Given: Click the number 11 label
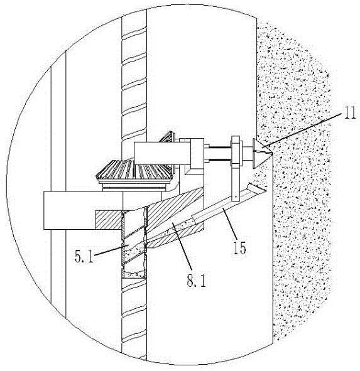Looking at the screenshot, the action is (349, 112).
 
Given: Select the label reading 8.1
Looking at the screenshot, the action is (196, 281).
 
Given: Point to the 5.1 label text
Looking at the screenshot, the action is (84, 256).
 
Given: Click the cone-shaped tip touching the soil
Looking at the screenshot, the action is (262, 153).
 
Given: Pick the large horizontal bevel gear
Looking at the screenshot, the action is (134, 171).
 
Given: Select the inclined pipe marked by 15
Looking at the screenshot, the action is (229, 203).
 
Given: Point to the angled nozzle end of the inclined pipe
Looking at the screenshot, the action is (256, 188).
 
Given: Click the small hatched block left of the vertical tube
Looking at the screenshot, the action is (109, 220).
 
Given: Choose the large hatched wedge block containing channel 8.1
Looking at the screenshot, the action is (175, 217).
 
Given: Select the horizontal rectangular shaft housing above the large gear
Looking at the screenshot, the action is (162, 153).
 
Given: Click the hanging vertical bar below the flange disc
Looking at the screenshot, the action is (236, 183).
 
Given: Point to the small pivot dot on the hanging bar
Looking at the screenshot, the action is (236, 196).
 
